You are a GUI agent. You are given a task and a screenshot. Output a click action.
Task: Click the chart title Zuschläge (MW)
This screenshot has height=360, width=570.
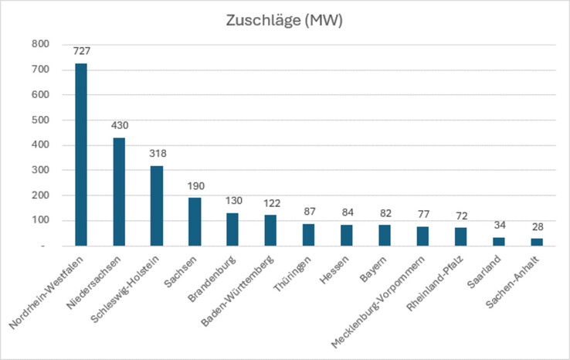tap(283, 21)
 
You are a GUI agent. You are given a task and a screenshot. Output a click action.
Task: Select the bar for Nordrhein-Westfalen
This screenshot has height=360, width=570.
tap(80, 155)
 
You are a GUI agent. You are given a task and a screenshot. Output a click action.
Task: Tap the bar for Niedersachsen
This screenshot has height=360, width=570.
tap(118, 192)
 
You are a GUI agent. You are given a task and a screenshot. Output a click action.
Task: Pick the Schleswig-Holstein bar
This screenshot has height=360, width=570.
tap(157, 205)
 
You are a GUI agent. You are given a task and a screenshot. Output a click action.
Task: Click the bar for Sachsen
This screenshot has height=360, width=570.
tap(195, 222)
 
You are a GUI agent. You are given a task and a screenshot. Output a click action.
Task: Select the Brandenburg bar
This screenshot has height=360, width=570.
tap(232, 229)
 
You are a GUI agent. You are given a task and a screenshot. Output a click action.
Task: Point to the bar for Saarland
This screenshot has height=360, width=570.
tap(499, 241)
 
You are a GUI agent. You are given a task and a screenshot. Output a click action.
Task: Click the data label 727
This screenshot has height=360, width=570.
tap(81, 52)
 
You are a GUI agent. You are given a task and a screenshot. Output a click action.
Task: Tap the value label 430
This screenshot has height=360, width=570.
tap(119, 126)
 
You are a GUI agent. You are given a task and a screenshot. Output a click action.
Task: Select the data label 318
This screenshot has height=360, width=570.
tap(157, 154)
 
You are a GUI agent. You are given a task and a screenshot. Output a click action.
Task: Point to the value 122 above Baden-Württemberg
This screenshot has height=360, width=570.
tap(270, 203)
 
